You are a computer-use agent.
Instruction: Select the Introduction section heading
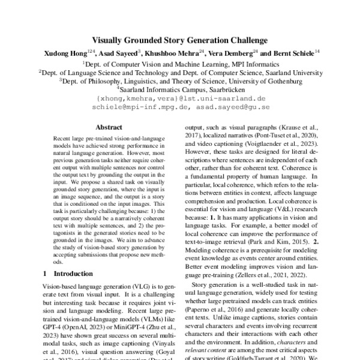pos(70,273)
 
